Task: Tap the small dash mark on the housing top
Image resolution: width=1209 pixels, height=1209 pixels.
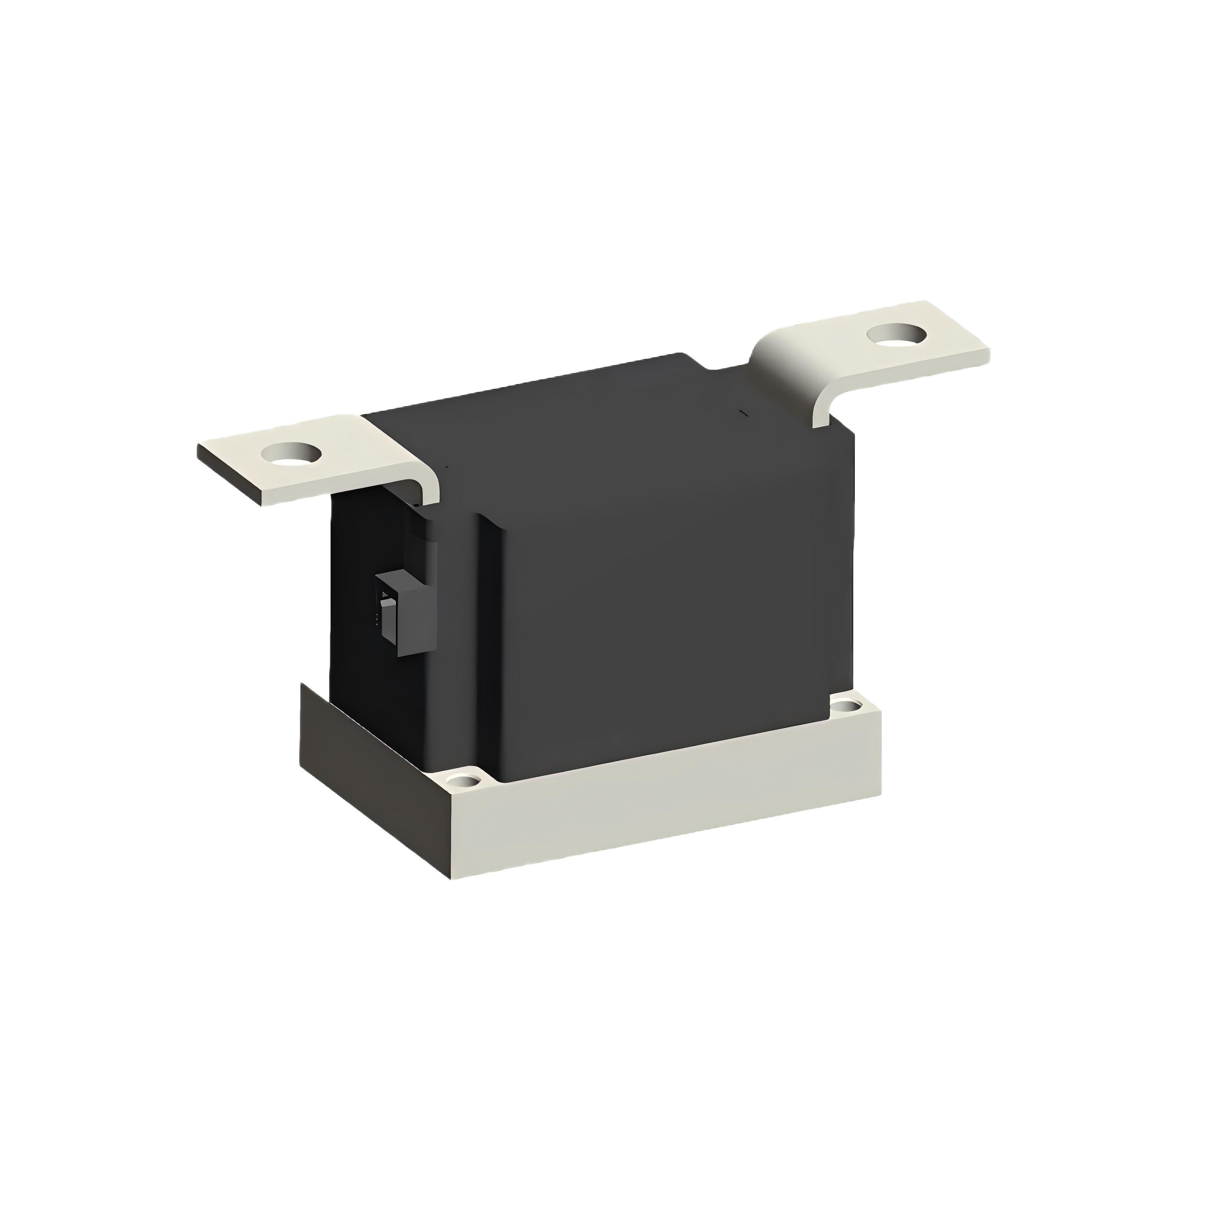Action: click(x=743, y=412)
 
